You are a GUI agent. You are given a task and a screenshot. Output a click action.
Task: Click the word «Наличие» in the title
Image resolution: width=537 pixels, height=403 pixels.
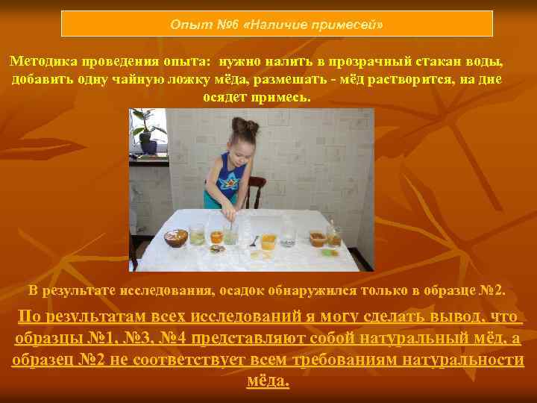pos(277,24)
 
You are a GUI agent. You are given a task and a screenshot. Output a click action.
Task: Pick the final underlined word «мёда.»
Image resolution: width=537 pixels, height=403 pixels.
pos(267,381)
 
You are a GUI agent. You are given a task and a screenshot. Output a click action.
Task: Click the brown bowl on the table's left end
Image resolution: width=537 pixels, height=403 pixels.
pos(176,237)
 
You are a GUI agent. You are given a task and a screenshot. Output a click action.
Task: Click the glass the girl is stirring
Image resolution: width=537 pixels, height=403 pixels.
pos(231,234)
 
